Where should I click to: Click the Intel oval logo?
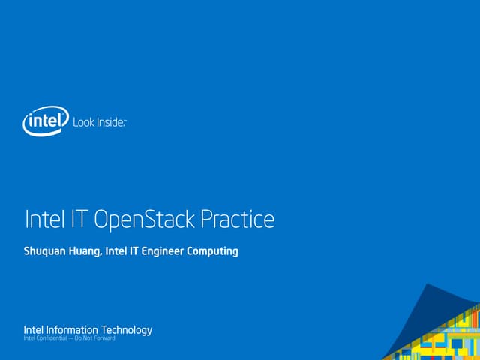(x=46, y=120)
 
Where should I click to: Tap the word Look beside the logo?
(x=83, y=121)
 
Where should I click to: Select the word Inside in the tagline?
(x=109, y=121)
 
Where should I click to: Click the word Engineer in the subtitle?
(x=165, y=251)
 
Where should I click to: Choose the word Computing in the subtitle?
(x=213, y=251)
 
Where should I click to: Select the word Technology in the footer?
(x=126, y=330)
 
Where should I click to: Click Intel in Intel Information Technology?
(x=34, y=330)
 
